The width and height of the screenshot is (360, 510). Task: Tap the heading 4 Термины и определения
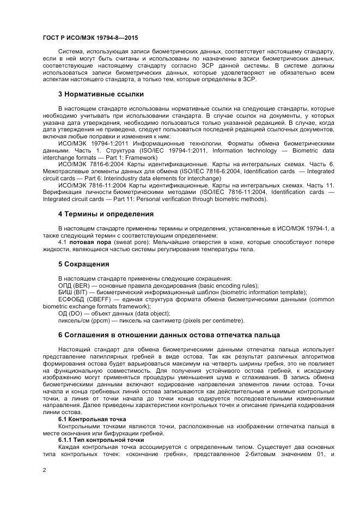(106, 214)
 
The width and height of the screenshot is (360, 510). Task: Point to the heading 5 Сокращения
(84, 264)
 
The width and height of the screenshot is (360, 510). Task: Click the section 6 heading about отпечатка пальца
(169, 335)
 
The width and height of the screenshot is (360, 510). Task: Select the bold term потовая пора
(89, 242)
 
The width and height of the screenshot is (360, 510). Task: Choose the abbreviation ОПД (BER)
(74, 285)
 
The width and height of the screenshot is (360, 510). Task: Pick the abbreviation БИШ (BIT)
(74, 292)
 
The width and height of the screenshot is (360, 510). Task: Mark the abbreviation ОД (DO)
(71, 313)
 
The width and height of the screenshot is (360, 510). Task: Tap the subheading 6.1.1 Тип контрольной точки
(101, 440)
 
